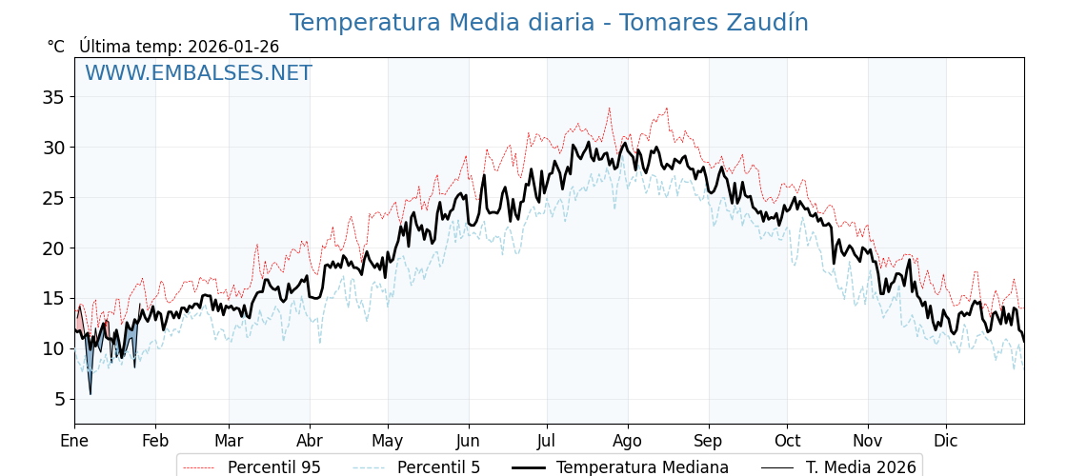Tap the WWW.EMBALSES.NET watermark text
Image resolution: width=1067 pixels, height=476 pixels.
[198, 73]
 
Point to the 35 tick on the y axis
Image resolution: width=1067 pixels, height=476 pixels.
[53, 97]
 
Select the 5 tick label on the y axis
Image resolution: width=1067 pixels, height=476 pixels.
[58, 399]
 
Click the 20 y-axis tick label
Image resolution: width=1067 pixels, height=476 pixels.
[53, 248]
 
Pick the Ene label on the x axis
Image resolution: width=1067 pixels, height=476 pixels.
[74, 442]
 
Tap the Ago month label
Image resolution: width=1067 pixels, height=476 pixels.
[628, 442]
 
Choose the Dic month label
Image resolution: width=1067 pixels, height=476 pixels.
[946, 442]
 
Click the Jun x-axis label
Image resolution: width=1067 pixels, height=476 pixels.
[468, 442]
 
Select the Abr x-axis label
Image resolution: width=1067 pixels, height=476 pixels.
[310, 442]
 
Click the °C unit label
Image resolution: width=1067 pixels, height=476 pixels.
[56, 47]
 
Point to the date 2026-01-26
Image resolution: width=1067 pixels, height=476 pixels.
[233, 47]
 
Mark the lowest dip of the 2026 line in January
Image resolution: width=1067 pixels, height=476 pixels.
[91, 393]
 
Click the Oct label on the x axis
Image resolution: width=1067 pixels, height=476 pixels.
[787, 442]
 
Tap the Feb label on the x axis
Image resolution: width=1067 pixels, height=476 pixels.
[154, 442]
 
